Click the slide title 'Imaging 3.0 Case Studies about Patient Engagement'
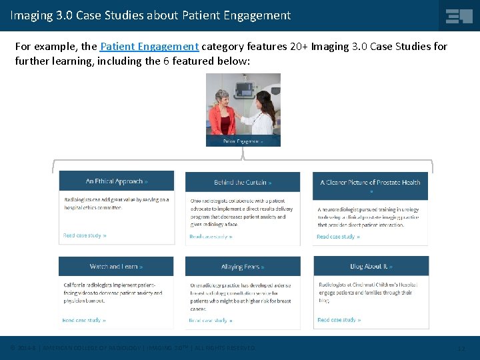(x=151, y=15)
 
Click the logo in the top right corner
(x=459, y=15)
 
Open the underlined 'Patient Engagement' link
(x=149, y=47)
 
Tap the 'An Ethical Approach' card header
(x=117, y=181)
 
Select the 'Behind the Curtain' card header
(x=243, y=182)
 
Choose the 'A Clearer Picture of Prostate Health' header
(x=370, y=183)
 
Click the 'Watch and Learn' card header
(x=116, y=267)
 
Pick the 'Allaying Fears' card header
(x=243, y=267)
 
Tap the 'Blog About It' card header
(x=371, y=267)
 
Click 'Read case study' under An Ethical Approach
(x=85, y=235)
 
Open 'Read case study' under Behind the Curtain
(x=211, y=237)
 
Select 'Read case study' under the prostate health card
(x=338, y=237)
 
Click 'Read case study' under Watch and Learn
(x=84, y=320)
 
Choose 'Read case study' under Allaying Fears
(x=211, y=321)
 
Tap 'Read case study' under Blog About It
(x=339, y=320)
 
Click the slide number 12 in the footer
(x=461, y=348)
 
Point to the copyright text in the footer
(x=133, y=348)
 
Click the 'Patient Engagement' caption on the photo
(x=243, y=141)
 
